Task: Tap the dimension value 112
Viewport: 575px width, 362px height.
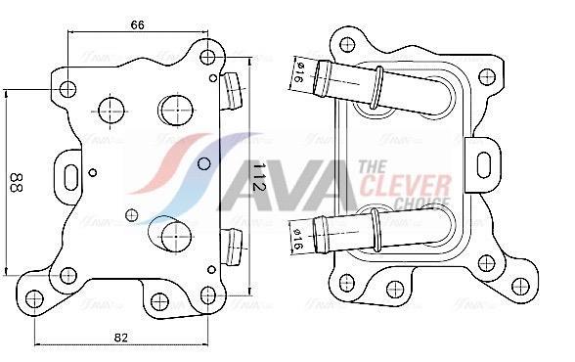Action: (x=259, y=177)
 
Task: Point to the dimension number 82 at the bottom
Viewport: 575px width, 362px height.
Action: (x=121, y=338)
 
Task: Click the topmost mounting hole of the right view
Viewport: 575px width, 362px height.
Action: (x=347, y=43)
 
